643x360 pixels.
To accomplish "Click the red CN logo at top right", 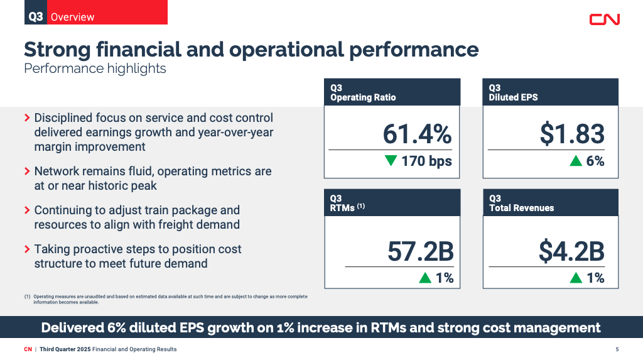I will pyautogui.click(x=604, y=19).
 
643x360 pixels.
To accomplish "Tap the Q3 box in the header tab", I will pyautogui.click(x=36, y=16).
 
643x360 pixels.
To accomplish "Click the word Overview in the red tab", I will pyautogui.click(x=73, y=17).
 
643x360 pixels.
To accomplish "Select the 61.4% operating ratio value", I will pyautogui.click(x=417, y=134).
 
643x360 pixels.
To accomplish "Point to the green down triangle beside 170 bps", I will pyautogui.click(x=391, y=161).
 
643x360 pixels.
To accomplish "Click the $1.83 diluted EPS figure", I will pyautogui.click(x=572, y=134).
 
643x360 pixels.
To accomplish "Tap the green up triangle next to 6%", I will pyautogui.click(x=576, y=161).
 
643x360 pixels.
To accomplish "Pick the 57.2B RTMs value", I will pyautogui.click(x=420, y=251).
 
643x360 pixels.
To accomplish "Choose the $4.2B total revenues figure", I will pyautogui.click(x=571, y=251).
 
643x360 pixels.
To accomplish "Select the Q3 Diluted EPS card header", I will pyautogui.click(x=550, y=92).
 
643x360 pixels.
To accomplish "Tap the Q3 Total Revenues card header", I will pyautogui.click(x=550, y=203).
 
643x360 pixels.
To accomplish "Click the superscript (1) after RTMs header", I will pyautogui.click(x=361, y=205).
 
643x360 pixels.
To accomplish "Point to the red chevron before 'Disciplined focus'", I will pyautogui.click(x=27, y=118).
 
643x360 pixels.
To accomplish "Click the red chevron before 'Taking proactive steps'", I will pyautogui.click(x=27, y=249).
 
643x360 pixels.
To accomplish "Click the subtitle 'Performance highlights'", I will pyautogui.click(x=95, y=68).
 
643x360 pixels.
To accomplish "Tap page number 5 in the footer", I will pyautogui.click(x=617, y=349).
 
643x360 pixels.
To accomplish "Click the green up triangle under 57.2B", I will pyautogui.click(x=425, y=278).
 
